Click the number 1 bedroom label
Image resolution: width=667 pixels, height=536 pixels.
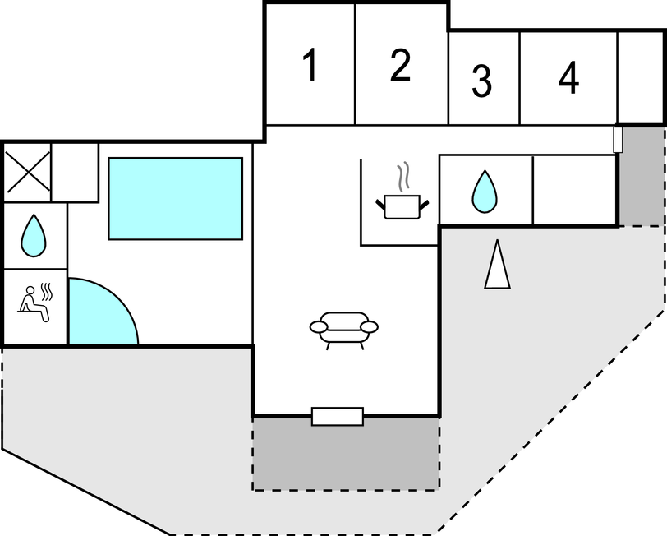pos(311,64)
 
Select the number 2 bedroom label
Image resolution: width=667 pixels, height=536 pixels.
pos(400,65)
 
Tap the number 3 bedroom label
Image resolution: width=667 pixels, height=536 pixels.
pos(481,81)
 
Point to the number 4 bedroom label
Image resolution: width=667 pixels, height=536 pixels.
pos(568,77)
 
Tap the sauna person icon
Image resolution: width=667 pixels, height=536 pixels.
pos(34,303)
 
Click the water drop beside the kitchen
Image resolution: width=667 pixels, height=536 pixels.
pos(485,192)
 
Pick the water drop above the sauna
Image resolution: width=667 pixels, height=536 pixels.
pos(34,235)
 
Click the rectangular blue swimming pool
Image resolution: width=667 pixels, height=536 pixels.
pos(176,198)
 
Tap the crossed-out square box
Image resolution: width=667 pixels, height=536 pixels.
pos(27,172)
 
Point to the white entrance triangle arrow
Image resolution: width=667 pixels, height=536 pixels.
pos(497,265)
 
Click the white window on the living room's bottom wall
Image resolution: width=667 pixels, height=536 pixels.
pos(338,416)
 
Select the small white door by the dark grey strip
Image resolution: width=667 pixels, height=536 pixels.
pos(618,139)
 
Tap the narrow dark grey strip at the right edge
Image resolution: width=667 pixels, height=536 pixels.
pos(642,175)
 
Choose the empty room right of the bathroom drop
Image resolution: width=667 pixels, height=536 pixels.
pos(574,189)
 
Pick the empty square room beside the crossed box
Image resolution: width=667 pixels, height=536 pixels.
pos(75,173)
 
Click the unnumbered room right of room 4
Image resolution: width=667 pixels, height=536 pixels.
pos(640,78)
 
